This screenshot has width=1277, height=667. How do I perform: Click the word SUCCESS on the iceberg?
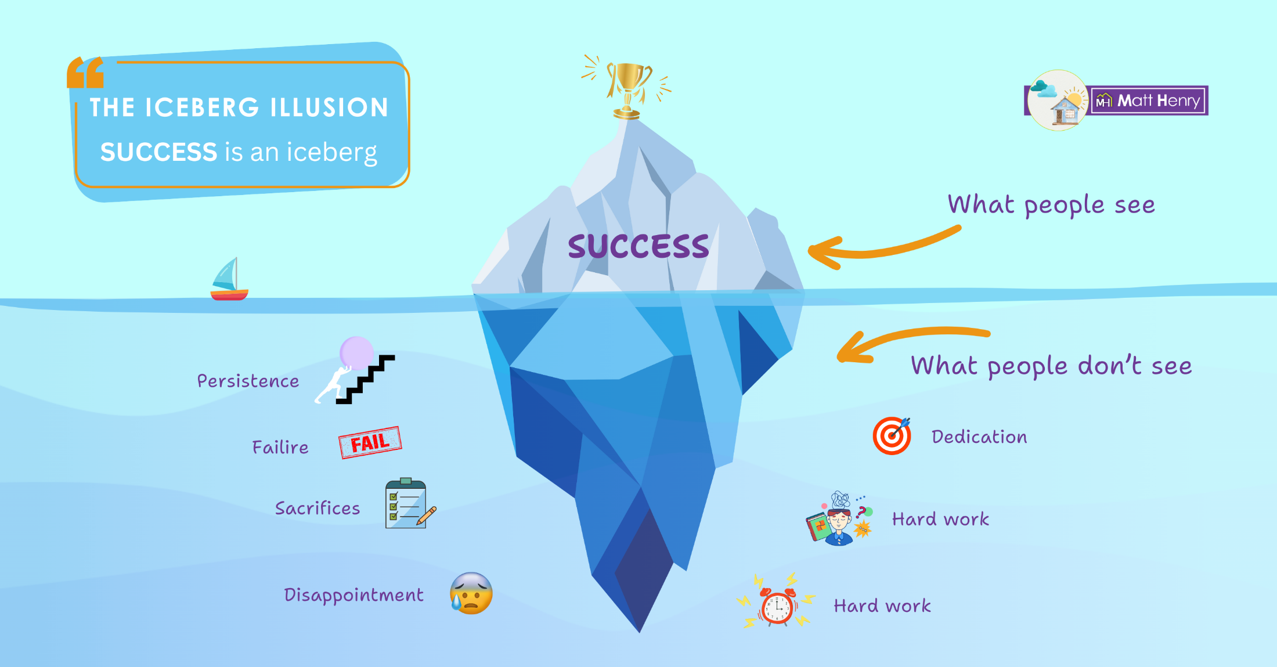638,246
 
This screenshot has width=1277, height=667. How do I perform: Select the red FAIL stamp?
370,442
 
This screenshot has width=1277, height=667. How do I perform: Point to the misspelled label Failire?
280,447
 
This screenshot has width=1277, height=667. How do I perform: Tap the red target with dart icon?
892,435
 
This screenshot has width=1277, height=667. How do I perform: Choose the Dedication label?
979,437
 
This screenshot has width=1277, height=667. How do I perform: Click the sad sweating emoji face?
471,593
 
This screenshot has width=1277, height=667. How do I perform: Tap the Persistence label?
248,381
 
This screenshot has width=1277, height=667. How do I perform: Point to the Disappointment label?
353,595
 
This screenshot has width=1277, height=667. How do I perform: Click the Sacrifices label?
318,508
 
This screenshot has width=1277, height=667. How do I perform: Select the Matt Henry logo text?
1158,101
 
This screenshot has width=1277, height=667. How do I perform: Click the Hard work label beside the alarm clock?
882,606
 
